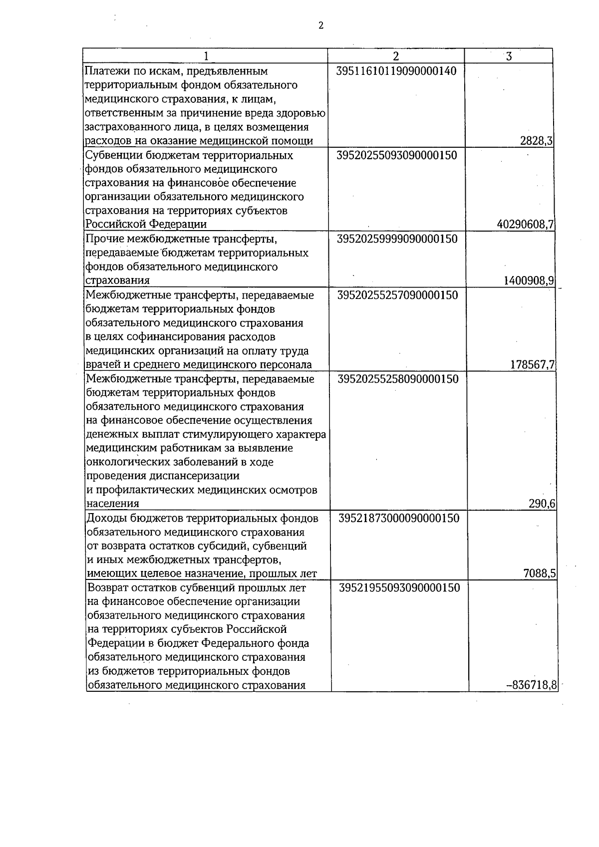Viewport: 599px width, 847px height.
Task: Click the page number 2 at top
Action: click(x=320, y=26)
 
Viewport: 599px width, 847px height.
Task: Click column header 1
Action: click(x=205, y=56)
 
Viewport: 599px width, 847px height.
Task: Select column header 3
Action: click(x=509, y=56)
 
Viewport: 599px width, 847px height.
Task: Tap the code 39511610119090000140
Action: click(x=396, y=71)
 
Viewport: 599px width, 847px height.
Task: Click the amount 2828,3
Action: click(x=536, y=141)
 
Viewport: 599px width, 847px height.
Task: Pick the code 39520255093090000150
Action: click(x=397, y=155)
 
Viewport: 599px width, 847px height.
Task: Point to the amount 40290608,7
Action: click(x=525, y=225)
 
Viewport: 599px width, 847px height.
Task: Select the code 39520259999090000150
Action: click(x=397, y=239)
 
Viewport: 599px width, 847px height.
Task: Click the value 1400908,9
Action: click(x=529, y=281)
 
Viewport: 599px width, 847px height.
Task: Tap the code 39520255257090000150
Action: click(x=398, y=294)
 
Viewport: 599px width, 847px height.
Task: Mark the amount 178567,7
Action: click(x=532, y=364)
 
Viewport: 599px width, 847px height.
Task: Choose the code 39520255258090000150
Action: click(x=398, y=379)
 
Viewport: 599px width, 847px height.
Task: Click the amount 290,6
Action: click(x=542, y=504)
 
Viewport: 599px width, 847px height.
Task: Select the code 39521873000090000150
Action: click(x=399, y=518)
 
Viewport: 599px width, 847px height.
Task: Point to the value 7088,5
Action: click(x=539, y=574)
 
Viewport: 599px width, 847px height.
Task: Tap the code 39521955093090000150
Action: click(x=399, y=587)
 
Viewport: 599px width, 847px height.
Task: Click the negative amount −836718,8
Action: click(x=532, y=685)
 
